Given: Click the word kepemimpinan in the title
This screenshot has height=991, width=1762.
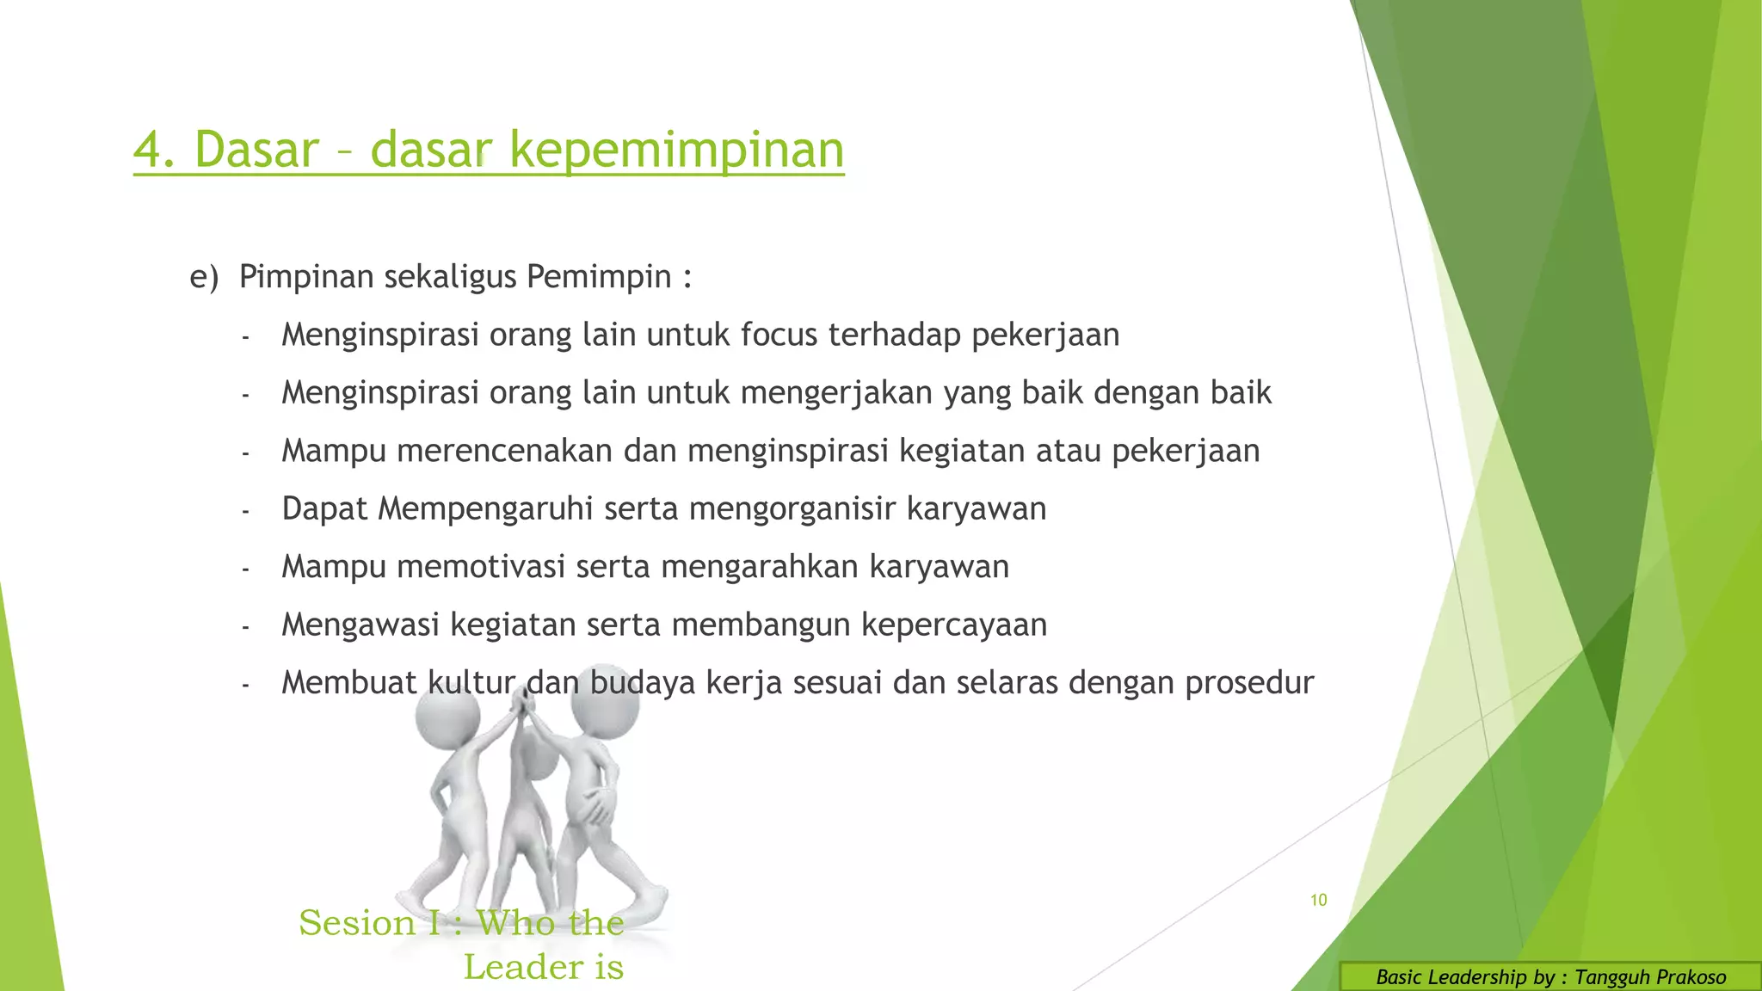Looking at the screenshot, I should pyautogui.click(x=677, y=150).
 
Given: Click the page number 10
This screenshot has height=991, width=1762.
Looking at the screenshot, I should pyautogui.click(x=1318, y=900).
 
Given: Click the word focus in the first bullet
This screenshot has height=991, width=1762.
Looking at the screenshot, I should pyautogui.click(x=779, y=335).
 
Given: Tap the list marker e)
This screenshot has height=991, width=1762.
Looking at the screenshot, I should pyautogui.click(x=204, y=277).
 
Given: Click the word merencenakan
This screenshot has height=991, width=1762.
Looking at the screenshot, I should pyautogui.click(x=504, y=451).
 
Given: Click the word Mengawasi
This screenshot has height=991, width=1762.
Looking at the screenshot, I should pyautogui.click(x=360, y=625).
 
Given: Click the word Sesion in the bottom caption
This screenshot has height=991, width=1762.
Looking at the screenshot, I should pyautogui.click(x=357, y=923).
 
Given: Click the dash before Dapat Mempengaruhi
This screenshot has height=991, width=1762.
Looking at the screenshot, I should pyautogui.click(x=245, y=511).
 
